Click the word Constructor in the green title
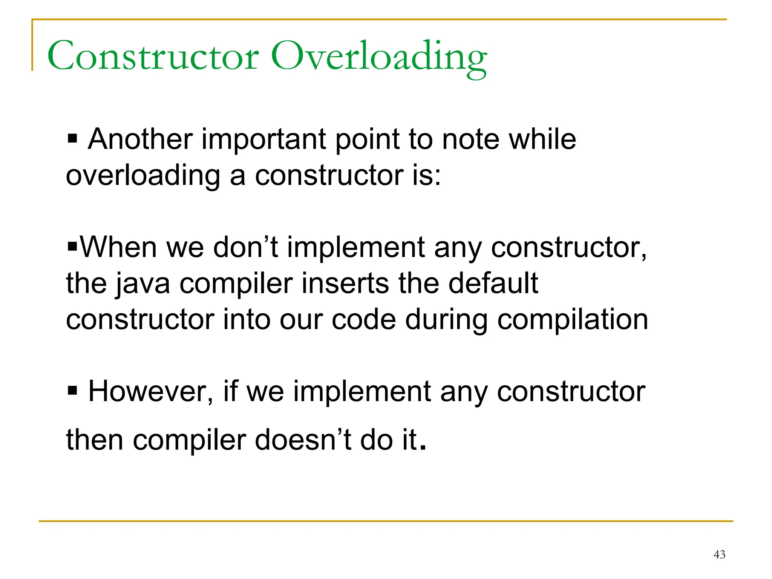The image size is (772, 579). [x=153, y=57]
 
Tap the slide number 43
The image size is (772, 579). [x=719, y=554]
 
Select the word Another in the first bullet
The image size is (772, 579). [x=140, y=139]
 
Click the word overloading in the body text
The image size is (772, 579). [x=143, y=176]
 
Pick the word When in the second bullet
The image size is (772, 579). [x=118, y=247]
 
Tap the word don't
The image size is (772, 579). [x=245, y=247]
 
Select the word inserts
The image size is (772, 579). [x=345, y=283]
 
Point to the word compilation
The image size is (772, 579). [x=573, y=320]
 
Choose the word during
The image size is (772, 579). [x=446, y=320]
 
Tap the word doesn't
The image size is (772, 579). [x=303, y=440]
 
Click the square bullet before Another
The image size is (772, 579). [x=72, y=139]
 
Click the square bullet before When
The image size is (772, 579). [x=72, y=247]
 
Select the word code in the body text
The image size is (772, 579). [x=364, y=320]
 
